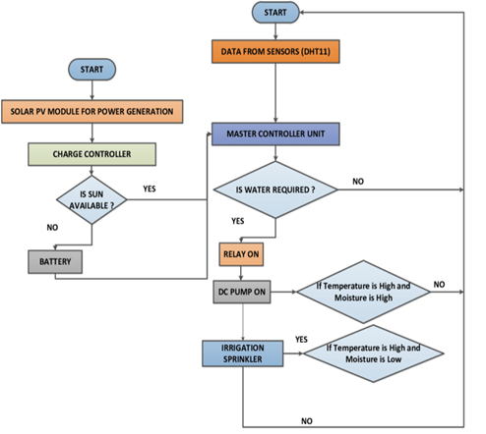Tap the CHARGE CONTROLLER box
[91, 153]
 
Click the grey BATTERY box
[55, 262]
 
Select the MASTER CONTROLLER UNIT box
[275, 134]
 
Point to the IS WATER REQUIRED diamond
[275, 190]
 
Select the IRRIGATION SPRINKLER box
[242, 354]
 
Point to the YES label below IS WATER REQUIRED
[239, 222]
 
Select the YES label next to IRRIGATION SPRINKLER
[301, 339]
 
